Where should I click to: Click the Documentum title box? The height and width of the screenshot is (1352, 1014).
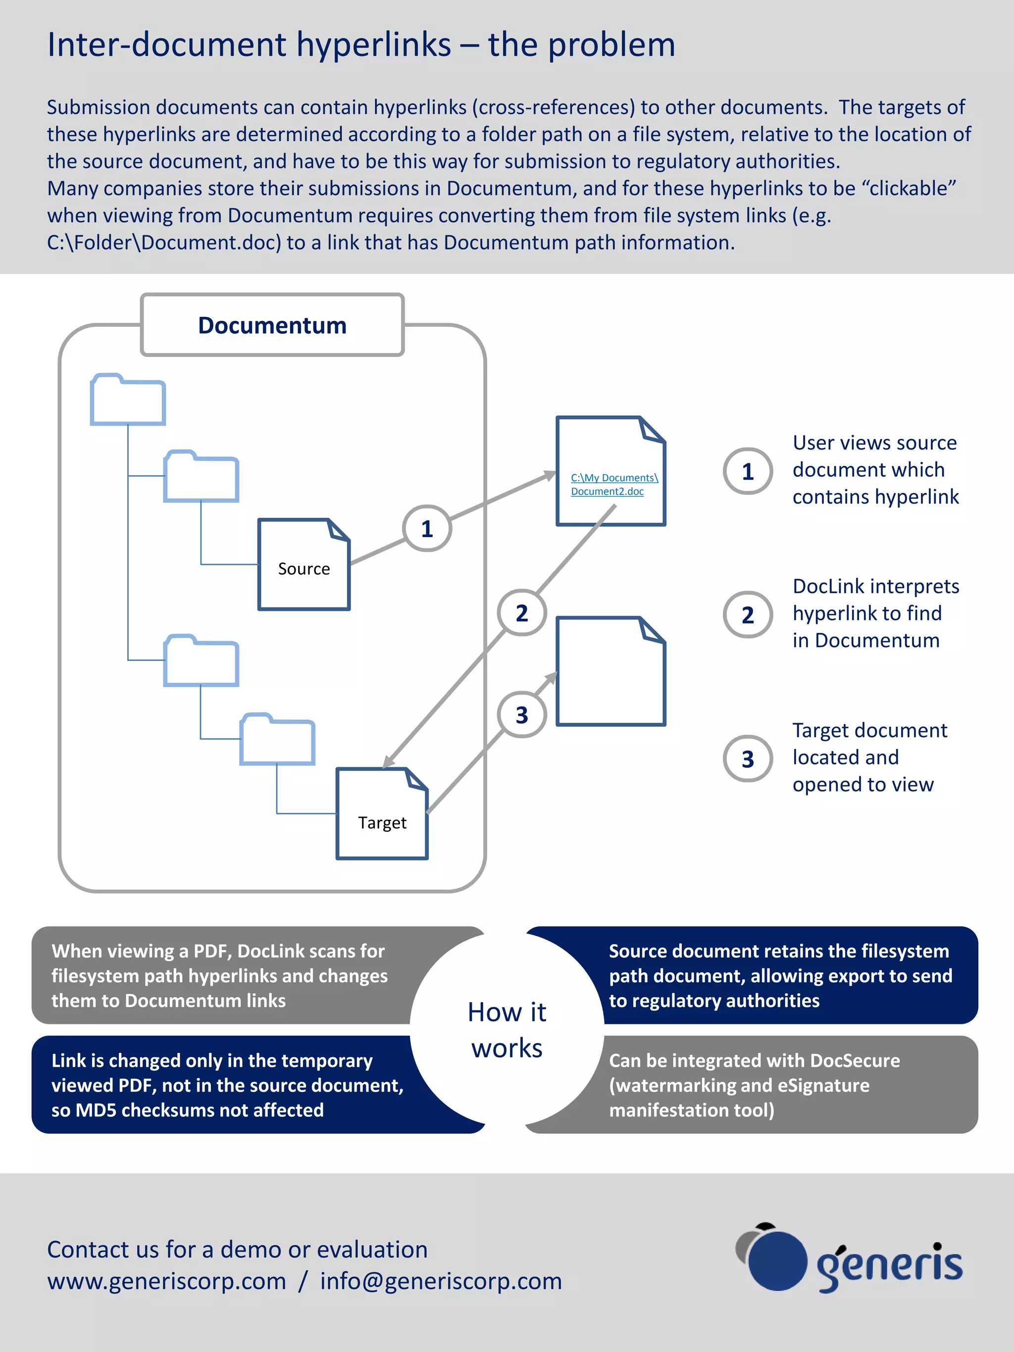pyautogui.click(x=272, y=325)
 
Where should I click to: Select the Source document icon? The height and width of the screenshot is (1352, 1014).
pyautogui.click(x=304, y=565)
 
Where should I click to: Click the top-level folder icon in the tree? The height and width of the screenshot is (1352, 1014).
pyautogui.click(x=128, y=401)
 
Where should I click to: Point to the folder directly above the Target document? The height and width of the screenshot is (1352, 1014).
pyautogui.click(x=277, y=740)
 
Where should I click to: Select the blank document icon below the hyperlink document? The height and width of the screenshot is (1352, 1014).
pyautogui.click(x=610, y=672)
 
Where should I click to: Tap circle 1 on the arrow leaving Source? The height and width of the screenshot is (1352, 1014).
pyautogui.click(x=427, y=529)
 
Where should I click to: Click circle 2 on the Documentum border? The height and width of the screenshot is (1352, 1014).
pyautogui.click(x=521, y=613)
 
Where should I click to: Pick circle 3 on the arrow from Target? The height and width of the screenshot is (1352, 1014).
pyautogui.click(x=521, y=714)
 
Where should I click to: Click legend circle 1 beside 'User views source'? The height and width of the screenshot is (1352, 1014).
pyautogui.click(x=748, y=471)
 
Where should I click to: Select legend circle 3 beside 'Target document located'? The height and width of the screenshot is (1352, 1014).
pyautogui.click(x=748, y=759)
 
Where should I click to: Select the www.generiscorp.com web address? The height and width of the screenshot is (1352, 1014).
pyautogui.click(x=167, y=1281)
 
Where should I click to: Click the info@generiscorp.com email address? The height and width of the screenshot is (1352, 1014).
pyautogui.click(x=441, y=1281)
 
